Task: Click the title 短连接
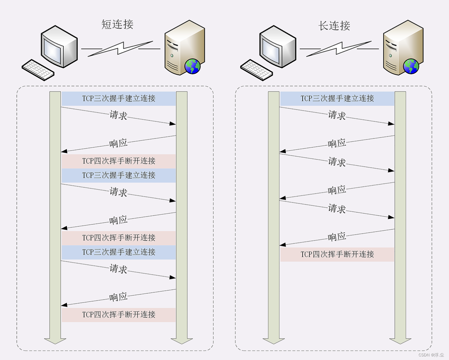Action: pos(117,25)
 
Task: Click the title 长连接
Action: pos(334,26)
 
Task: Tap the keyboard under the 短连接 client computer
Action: pos(38,70)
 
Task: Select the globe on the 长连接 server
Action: pos(411,66)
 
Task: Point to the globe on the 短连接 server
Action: pos(192,66)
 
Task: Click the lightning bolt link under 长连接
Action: pos(339,48)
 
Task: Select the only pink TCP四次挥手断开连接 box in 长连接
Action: pos(337,254)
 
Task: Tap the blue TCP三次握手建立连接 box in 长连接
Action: pos(337,98)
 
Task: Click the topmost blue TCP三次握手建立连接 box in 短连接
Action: pos(119,98)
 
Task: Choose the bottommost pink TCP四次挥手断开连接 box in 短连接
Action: pos(119,315)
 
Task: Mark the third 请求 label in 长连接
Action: pos(337,208)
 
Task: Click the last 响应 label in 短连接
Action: pos(118,297)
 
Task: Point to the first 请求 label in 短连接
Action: pos(118,115)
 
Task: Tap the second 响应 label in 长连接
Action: pos(337,190)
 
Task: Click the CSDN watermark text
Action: pos(431,355)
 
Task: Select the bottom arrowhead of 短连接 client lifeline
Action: pos(55,341)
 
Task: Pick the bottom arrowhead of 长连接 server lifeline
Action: pos(400,341)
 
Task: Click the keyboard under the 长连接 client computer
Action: pos(257,70)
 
